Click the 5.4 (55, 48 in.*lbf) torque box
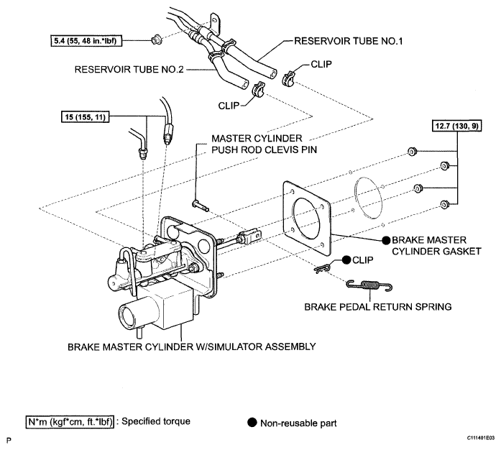tap(86, 41)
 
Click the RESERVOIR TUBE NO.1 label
tap(349, 41)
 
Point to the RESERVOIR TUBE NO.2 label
tap(129, 69)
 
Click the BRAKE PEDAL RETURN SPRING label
tap(377, 307)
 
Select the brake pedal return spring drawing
tap(369, 285)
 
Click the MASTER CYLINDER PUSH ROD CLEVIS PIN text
tap(265, 144)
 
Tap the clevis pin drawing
tap(200, 206)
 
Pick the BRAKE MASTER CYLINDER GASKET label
tap(436, 245)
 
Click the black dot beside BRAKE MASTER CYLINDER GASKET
tap(386, 240)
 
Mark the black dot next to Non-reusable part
tap(252, 423)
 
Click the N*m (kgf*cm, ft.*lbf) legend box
tap(70, 422)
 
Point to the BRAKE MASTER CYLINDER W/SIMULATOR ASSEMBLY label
tap(192, 346)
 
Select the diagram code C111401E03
tap(481, 438)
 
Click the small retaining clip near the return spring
tap(322, 269)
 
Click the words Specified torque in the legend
tap(156, 421)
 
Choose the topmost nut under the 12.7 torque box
tap(412, 151)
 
